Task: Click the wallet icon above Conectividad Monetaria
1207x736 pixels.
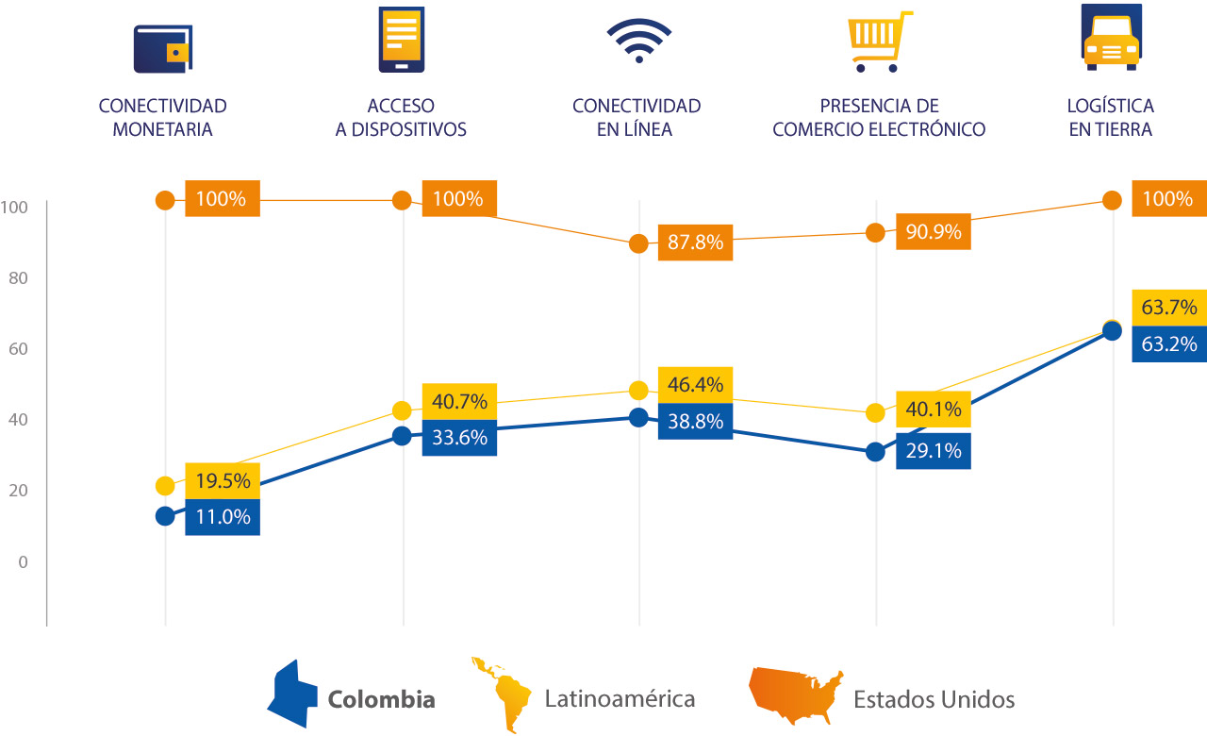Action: coord(163,48)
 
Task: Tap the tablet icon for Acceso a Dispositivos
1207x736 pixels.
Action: coord(401,39)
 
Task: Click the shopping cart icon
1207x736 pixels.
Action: coord(880,42)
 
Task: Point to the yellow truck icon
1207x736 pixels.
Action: coord(1111,38)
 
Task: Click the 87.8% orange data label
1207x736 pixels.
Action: coord(695,243)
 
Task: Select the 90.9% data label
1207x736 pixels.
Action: coord(933,231)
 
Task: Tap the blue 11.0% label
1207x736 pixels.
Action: coord(223,517)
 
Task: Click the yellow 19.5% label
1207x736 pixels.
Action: coord(223,481)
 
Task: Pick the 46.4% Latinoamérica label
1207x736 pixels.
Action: coord(695,385)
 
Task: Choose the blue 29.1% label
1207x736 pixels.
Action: coord(933,451)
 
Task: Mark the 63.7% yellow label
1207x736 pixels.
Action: coord(1168,308)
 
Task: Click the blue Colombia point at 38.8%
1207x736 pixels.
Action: coord(638,417)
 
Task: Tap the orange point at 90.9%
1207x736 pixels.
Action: coord(875,233)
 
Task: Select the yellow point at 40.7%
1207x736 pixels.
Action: coord(402,410)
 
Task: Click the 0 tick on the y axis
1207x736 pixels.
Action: coord(24,562)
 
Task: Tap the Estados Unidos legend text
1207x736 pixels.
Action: coord(934,699)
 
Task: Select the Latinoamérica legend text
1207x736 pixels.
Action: coord(620,699)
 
